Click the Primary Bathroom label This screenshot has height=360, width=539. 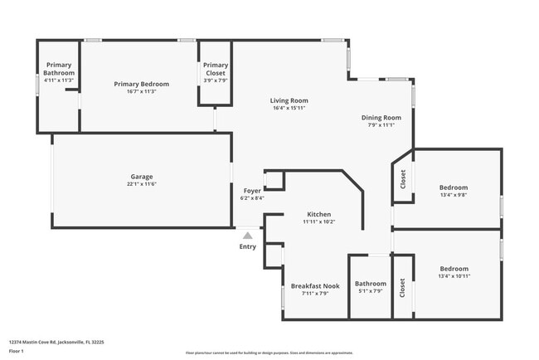(x=59, y=69)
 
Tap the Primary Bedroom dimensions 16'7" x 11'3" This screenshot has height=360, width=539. (x=142, y=91)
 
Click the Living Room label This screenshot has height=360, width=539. (x=289, y=100)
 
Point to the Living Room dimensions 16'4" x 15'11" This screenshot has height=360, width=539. (x=289, y=108)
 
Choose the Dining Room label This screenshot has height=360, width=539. (x=381, y=118)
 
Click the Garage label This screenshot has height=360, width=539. (x=142, y=176)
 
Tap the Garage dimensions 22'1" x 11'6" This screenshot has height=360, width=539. (x=142, y=183)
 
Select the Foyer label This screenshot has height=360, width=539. (x=252, y=191)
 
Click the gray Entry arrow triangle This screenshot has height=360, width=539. (x=247, y=236)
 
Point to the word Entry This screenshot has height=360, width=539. (x=247, y=246)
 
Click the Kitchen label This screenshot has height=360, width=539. (x=319, y=215)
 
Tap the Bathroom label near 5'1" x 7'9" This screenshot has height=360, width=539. (x=371, y=283)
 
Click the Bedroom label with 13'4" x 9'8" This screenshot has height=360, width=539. (x=454, y=187)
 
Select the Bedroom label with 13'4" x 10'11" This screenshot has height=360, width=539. (x=454, y=269)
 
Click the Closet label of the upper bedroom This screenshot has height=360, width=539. (x=403, y=179)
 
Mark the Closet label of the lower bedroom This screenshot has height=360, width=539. (x=403, y=288)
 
